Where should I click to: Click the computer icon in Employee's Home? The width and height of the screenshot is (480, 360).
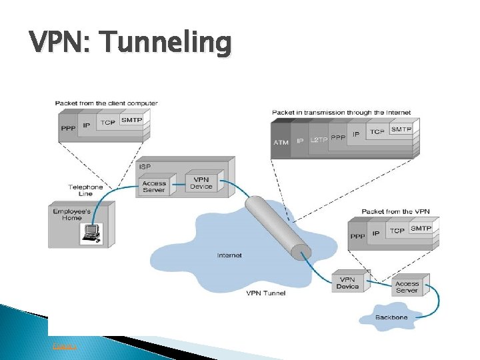[90, 233]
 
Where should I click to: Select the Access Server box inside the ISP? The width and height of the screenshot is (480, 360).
[154, 187]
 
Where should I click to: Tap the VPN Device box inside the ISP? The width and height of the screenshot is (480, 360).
[201, 183]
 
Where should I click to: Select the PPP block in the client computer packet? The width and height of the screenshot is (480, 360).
[68, 127]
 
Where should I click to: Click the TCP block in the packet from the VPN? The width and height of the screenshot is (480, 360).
[397, 231]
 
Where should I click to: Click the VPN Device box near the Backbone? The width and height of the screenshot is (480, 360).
[347, 283]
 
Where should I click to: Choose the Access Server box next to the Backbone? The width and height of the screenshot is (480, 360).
[407, 287]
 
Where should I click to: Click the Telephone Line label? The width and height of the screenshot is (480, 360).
[85, 191]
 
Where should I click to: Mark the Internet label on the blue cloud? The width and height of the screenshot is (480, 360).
[229, 255]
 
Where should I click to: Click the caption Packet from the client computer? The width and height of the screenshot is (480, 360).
[107, 103]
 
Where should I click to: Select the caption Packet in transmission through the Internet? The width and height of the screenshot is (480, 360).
[341, 113]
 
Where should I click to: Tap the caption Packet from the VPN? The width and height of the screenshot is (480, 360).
[395, 211]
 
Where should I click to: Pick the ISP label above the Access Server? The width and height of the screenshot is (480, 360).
[145, 165]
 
